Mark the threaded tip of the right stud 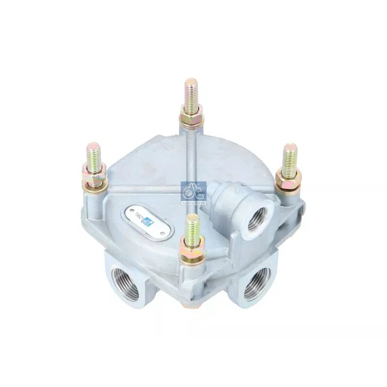pyautogui.click(x=290, y=155)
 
